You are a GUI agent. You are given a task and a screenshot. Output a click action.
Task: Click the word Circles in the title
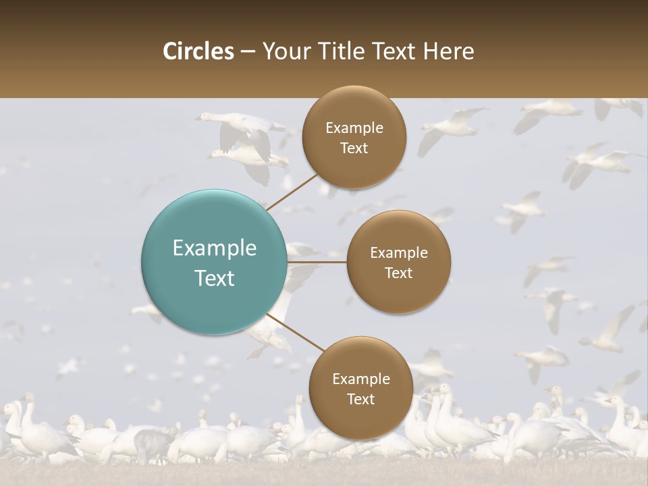(198, 51)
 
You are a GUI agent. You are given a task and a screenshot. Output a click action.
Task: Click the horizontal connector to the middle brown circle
(317, 262)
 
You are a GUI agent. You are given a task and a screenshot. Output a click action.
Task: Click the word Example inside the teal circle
(215, 248)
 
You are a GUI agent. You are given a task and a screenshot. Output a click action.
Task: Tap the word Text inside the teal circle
(215, 278)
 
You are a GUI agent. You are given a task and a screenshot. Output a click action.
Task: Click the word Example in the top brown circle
(354, 128)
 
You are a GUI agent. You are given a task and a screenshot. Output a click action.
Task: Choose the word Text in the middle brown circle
(398, 273)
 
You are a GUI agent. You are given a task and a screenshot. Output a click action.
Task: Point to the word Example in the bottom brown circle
(360, 379)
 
